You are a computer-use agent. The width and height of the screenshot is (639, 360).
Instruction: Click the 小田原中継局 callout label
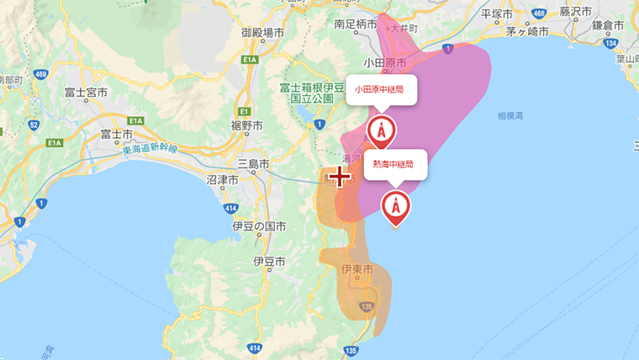coord(382,88)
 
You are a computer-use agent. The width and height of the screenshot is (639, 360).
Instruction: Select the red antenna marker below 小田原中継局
coord(382,131)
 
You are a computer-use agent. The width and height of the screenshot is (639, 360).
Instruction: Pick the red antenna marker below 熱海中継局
coord(396,205)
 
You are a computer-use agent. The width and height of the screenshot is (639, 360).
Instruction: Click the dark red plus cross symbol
coord(340,177)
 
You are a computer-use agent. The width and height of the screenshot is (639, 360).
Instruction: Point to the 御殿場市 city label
coord(262,32)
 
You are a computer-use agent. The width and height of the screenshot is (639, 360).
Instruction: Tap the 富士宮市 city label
coord(87,92)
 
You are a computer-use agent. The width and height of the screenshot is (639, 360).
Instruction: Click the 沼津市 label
coord(221,180)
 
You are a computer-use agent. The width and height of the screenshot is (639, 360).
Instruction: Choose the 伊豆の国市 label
coord(258,227)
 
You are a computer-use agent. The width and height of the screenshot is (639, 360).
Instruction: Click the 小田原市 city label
coord(385,63)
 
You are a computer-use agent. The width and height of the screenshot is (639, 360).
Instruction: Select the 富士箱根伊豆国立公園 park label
coord(312,92)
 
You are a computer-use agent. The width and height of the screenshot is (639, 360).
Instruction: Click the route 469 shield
coord(40,75)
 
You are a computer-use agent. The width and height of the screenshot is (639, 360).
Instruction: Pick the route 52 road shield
coord(33,125)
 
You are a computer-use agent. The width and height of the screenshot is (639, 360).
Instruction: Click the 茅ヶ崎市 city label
coord(527,31)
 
